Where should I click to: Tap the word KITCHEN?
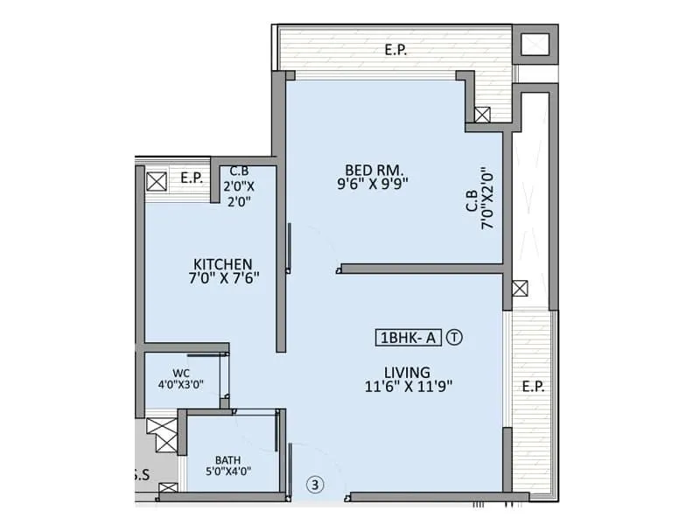coord(223,263)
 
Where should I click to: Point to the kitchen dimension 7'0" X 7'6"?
coord(223,277)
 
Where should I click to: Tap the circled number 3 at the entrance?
coord(314,483)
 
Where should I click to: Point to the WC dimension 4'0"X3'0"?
coord(181,383)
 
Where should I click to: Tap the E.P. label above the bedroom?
coord(395,50)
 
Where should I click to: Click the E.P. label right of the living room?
coord(532,387)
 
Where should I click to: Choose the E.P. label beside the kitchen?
coord(192,178)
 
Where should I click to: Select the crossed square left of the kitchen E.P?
coord(157,182)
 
